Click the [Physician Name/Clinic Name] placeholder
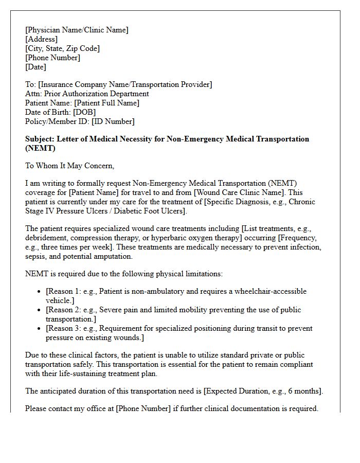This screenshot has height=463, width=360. coord(77,30)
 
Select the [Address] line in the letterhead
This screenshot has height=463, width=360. coord(42,39)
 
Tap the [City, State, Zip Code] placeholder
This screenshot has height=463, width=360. coord(62,48)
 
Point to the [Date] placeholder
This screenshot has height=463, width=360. coord(35,67)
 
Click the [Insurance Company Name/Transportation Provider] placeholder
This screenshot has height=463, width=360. coord(125,84)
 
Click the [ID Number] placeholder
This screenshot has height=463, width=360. coord(113,121)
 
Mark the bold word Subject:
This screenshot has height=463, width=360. coord(40,139)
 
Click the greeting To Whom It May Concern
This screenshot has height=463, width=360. coord(69,166)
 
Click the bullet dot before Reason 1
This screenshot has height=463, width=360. coord(40,292)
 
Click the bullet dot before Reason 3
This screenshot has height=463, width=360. coord(40,329)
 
